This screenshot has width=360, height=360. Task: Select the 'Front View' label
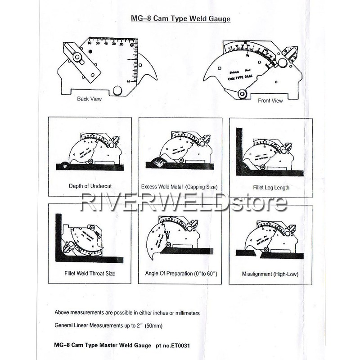[270, 100]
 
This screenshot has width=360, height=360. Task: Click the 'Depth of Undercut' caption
[90, 186]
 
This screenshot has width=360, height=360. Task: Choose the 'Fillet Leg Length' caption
[271, 187]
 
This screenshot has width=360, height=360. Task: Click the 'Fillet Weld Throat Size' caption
[90, 273]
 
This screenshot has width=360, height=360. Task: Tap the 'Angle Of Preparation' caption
[180, 273]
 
